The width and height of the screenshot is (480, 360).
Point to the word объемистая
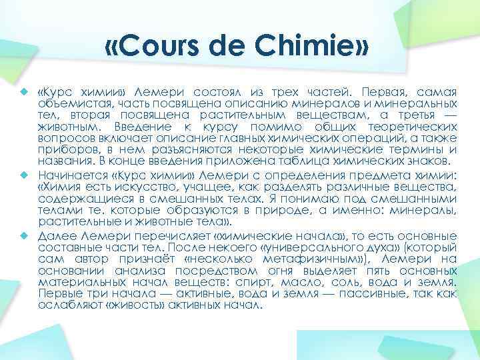[70, 103]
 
